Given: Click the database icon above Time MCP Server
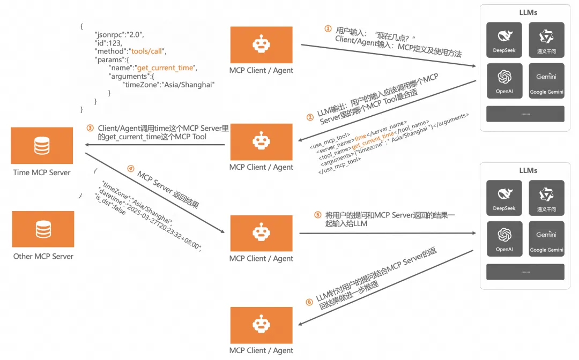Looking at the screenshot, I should [42, 145].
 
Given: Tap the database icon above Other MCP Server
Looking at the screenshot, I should [43, 229].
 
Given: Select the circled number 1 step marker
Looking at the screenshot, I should [328, 29].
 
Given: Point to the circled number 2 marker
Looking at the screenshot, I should [309, 117].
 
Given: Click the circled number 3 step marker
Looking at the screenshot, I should [91, 128].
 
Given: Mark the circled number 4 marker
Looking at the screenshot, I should [130, 168].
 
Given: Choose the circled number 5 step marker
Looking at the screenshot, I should [317, 215].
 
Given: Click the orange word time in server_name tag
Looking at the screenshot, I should [360, 138].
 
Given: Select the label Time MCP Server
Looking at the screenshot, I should [42, 172].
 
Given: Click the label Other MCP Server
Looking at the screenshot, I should [43, 256].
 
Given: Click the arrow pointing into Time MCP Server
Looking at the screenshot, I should [86, 145].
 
